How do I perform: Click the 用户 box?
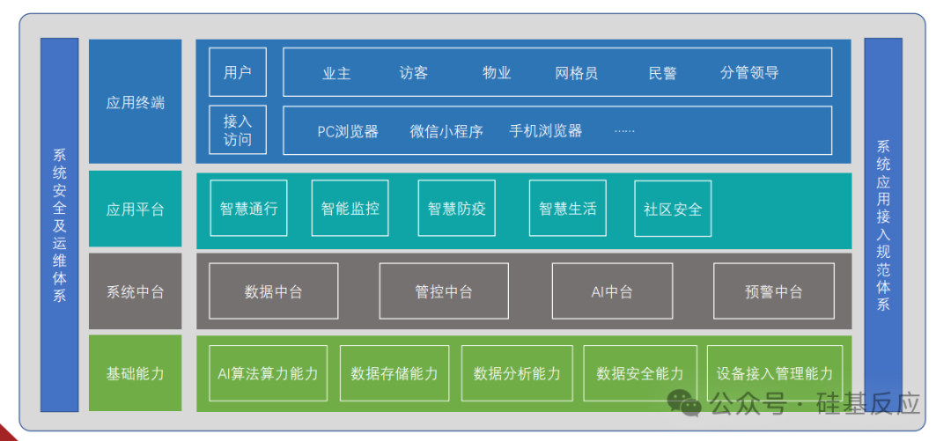[x=238, y=72]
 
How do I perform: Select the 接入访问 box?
[x=238, y=129]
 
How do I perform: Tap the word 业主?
[x=336, y=73]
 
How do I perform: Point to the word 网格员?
[x=577, y=73]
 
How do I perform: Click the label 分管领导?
[x=749, y=73]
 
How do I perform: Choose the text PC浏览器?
[x=348, y=131]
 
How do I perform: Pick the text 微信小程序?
[x=446, y=131]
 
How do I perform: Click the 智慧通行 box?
[x=248, y=209]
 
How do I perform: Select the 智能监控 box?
[x=350, y=209]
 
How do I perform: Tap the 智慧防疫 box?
[x=456, y=209]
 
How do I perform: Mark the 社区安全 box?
[x=673, y=209]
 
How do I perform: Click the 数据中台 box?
[x=273, y=291]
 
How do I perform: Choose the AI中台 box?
[x=612, y=291]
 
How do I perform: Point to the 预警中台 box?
[x=773, y=291]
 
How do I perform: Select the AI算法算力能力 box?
[x=268, y=373]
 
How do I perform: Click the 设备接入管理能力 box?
[x=774, y=373]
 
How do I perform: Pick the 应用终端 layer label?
[x=135, y=102]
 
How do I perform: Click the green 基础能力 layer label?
[x=135, y=373]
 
